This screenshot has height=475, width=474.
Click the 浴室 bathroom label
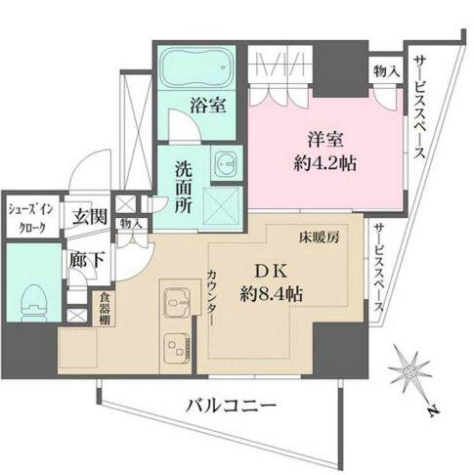pyautogui.click(x=208, y=105)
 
